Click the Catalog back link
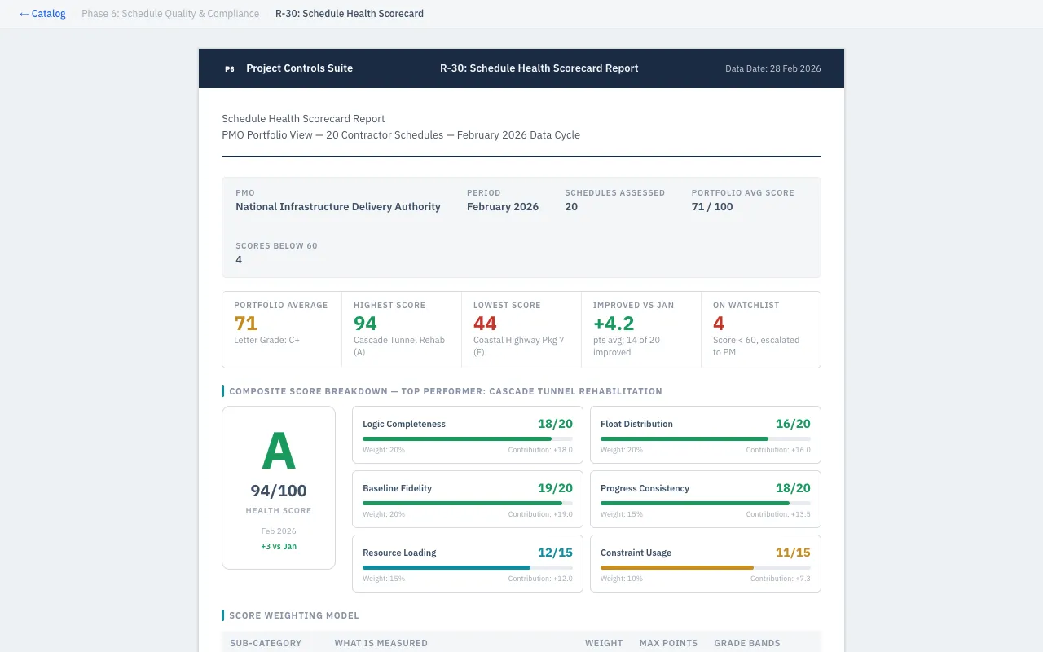pos(42,14)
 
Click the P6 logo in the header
pos(230,69)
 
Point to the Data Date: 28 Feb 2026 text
pos(772,69)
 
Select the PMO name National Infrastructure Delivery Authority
pos(337,207)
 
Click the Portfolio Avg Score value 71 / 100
pos(711,207)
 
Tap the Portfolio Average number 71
pos(245,323)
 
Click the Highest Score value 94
pos(365,323)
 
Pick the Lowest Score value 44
pos(485,323)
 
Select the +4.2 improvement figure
pos(613,323)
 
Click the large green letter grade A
pos(279,452)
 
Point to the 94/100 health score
pos(279,491)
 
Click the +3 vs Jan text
pos(279,547)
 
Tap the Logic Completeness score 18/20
pos(555,424)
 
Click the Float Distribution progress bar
pos(705,438)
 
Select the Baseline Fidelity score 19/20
pos(555,488)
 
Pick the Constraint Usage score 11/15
pos(793,553)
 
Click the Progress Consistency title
pos(645,488)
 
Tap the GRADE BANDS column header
pos(746,643)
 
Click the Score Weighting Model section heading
pos(293,615)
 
